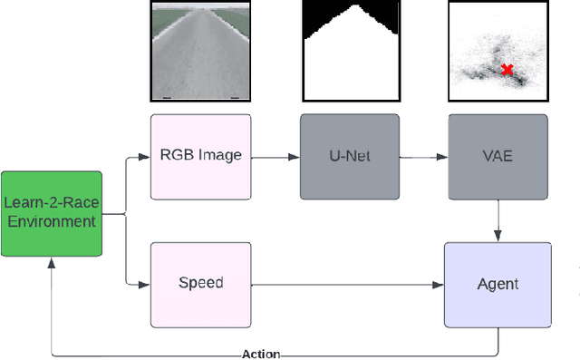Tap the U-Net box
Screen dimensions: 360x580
(349, 155)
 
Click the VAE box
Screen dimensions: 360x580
(498, 155)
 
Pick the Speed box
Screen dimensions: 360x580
(199, 283)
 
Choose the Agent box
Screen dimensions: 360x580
(498, 284)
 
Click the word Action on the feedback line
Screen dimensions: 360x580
(262, 354)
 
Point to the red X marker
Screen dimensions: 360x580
(507, 69)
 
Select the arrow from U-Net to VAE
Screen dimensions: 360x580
(422, 156)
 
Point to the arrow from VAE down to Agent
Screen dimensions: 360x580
(498, 219)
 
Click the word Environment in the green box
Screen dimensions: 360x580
(51, 221)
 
